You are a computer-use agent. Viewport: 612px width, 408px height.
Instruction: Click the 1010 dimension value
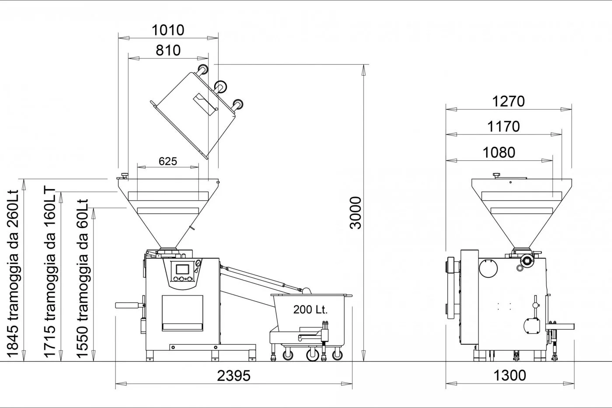(168, 30)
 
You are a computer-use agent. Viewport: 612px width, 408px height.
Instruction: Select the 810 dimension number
(168, 51)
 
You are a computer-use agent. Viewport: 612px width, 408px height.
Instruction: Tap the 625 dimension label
(168, 161)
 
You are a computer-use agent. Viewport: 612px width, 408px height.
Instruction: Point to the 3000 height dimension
(355, 213)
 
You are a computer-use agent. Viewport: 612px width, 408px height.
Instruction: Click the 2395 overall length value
(233, 376)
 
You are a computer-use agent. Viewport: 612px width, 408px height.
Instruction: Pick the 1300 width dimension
(510, 376)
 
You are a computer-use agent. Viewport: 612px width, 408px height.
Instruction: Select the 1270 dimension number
(508, 101)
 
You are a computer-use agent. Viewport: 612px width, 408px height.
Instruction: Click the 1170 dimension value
(504, 126)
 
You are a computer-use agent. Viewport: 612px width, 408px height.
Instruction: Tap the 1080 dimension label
(499, 152)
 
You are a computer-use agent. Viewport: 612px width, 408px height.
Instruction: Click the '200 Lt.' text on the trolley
(310, 309)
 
